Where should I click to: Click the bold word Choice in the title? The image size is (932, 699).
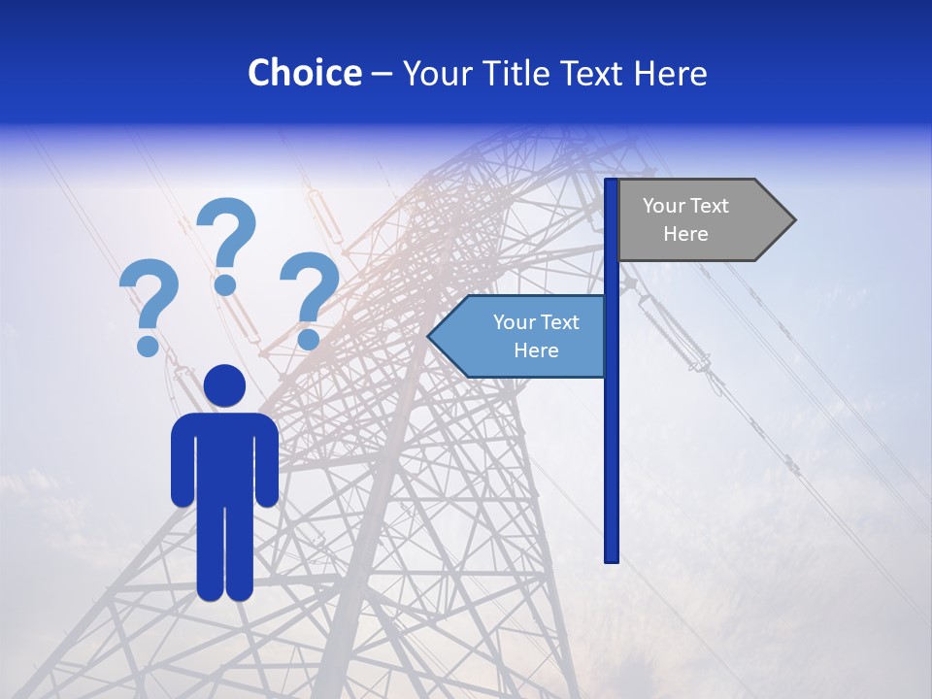[304, 73]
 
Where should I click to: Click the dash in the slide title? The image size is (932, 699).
[382, 75]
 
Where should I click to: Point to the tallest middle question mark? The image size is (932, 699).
[226, 238]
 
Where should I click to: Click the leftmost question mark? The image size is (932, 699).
[149, 301]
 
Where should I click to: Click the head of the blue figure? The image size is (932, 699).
[224, 385]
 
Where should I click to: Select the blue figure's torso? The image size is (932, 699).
[224, 456]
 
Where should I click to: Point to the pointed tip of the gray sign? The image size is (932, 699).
[793, 220]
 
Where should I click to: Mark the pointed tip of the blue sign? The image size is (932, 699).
[430, 336]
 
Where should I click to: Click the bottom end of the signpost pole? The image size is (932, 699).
[612, 558]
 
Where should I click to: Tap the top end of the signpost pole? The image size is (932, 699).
[612, 182]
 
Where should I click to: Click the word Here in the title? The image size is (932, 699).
[670, 73]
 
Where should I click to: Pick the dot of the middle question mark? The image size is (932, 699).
[225, 284]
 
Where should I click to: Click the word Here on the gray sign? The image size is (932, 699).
[685, 234]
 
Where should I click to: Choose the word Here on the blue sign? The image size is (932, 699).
[536, 350]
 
